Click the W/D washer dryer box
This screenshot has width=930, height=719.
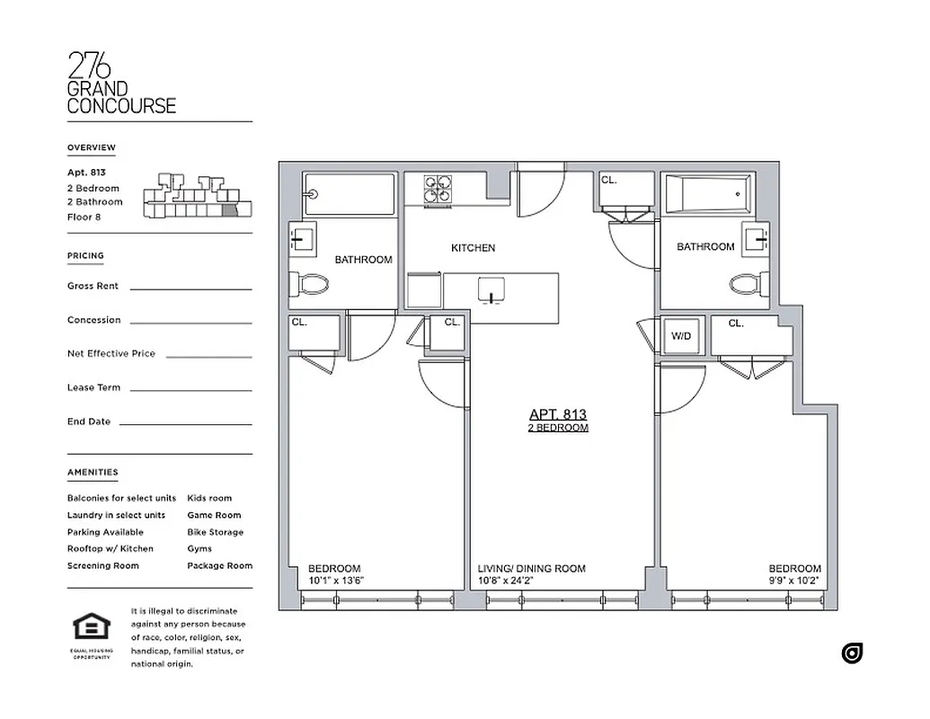pos(682,336)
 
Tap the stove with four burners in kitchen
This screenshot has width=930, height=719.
pos(438,189)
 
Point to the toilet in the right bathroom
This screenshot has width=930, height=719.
pos(746,285)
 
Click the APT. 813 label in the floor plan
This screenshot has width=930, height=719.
pos(557,414)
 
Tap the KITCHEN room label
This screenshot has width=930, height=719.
pos(473,248)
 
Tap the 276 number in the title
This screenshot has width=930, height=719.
pos(90,65)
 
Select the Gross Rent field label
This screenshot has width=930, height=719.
pos(93,286)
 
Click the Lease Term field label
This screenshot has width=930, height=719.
pos(93,387)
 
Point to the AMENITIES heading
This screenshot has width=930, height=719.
pos(93,472)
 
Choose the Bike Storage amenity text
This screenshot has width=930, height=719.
pos(215,532)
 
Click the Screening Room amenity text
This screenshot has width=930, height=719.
pos(102,565)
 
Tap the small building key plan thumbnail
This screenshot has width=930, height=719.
pos(198,196)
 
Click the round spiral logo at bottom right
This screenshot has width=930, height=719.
pos(852,653)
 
